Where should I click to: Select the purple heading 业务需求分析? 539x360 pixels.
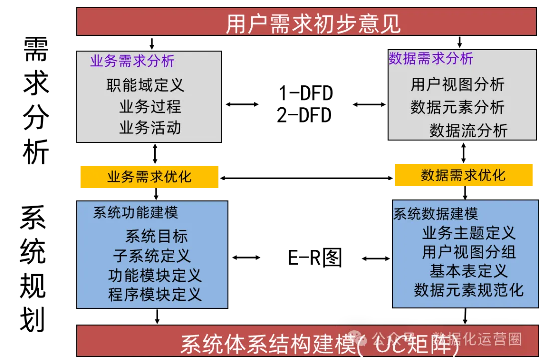coord(132,61)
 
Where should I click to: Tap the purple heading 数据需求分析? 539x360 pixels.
coord(431,58)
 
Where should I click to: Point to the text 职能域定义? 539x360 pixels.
coord(145,85)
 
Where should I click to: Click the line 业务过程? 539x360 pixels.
coord(150,106)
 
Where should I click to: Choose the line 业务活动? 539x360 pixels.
coord(150,128)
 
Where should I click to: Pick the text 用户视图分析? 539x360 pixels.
coord(457,84)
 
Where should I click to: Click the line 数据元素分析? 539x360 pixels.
coord(457,107)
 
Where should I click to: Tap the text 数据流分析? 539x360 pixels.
coord(468,130)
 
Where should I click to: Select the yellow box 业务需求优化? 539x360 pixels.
coord(149,177)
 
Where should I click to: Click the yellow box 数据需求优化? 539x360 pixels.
coord(463,176)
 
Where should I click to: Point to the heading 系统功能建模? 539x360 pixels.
coord(136,213)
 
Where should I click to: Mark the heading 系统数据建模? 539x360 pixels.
coord(436,214)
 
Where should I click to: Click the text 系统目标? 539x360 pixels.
coord(156,236)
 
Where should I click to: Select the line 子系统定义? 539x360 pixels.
coord(152,256)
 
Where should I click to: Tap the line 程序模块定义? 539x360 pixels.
coord(155,294)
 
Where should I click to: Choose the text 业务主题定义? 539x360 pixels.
coord(468,233)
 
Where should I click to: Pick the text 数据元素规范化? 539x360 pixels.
coord(468,290)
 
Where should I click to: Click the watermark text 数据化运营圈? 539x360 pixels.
coord(477,339)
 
